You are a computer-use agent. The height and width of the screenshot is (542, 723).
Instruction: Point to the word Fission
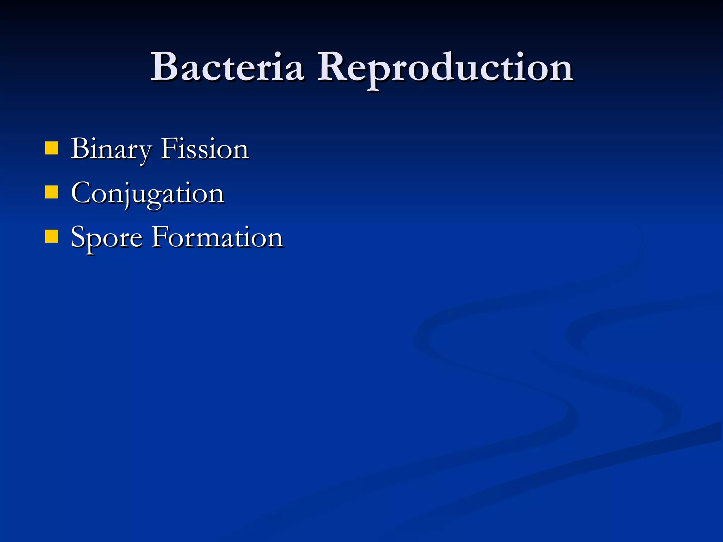205,149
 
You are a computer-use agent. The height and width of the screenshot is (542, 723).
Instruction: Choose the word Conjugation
148,193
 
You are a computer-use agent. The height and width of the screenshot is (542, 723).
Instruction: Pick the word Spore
107,238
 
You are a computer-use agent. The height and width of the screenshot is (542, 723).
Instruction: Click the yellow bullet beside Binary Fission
52,149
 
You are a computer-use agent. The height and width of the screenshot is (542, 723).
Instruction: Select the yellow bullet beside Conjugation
52,193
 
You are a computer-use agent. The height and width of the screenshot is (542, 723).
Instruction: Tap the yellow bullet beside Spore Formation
52,237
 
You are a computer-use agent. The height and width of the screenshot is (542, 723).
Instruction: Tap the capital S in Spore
78,237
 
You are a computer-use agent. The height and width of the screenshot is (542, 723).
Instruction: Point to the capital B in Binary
79,148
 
